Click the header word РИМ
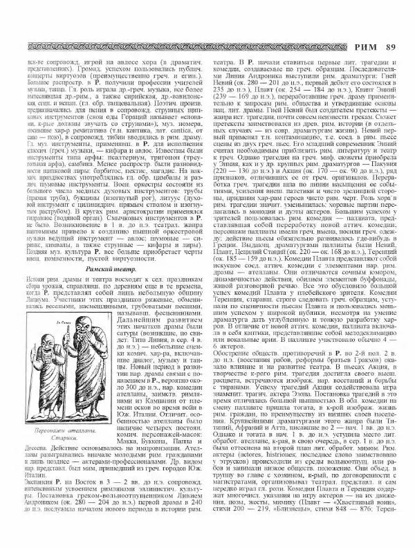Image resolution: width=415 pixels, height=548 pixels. [x=363, y=46]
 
